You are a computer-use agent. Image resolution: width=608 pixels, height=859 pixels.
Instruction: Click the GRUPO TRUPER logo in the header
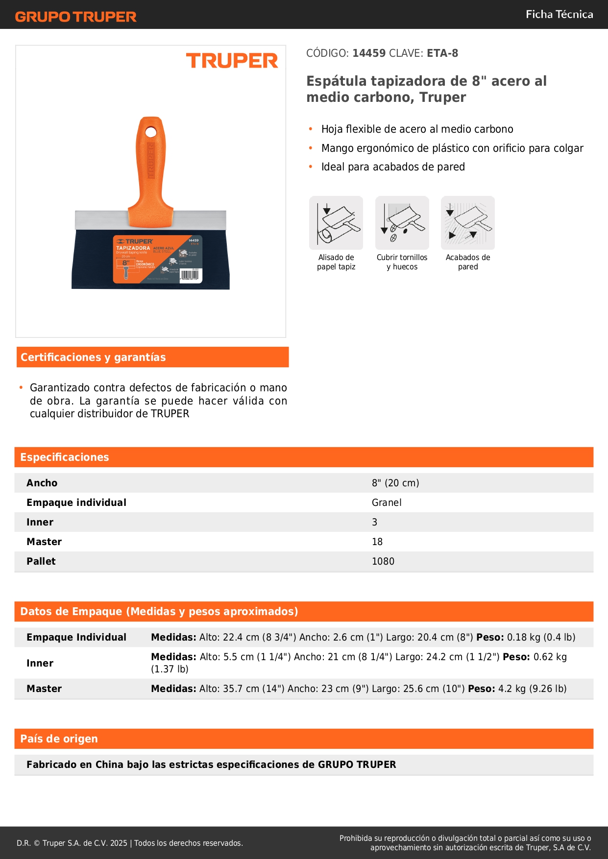click(75, 17)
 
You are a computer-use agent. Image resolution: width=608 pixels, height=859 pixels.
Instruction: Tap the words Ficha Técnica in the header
click(559, 14)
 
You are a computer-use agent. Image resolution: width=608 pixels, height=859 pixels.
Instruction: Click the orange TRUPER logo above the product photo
click(232, 61)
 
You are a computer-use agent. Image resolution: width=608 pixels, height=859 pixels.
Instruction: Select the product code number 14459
click(369, 53)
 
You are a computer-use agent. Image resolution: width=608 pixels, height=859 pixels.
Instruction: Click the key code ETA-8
click(442, 53)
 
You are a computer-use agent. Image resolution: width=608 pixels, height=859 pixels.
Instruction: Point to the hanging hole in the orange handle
click(151, 132)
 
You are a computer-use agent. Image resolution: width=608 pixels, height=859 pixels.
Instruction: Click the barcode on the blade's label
click(190, 274)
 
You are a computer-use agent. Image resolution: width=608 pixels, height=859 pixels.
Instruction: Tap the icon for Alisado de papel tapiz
click(336, 223)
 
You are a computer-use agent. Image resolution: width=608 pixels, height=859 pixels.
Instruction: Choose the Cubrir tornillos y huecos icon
click(402, 223)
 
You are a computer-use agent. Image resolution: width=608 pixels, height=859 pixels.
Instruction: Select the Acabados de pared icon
click(468, 223)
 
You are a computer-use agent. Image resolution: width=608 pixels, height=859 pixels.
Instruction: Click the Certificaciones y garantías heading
click(93, 358)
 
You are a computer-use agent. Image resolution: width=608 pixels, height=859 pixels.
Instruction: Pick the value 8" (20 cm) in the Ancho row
click(395, 483)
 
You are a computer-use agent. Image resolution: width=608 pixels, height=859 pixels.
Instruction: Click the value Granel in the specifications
click(387, 502)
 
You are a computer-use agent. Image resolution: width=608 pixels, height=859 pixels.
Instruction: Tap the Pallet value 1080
click(383, 561)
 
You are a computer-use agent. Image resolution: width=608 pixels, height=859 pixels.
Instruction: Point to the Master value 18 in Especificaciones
click(377, 542)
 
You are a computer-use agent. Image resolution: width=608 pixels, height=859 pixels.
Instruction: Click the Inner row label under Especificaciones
click(40, 522)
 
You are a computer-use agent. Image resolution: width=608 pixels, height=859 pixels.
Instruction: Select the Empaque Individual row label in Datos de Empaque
click(76, 637)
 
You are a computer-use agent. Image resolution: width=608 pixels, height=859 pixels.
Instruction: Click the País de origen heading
click(59, 739)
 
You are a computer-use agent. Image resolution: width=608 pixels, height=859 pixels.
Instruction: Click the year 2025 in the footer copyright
click(119, 843)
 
